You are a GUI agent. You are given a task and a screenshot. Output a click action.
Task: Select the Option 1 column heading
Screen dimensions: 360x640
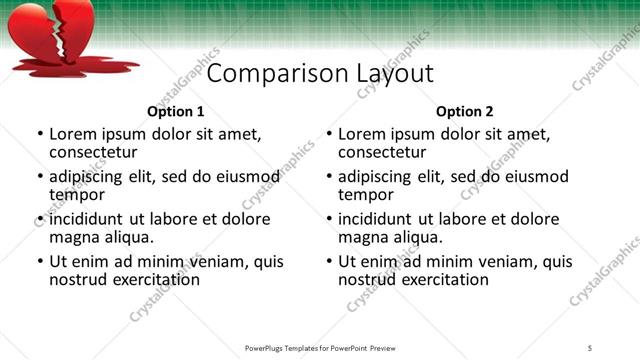[x=176, y=112]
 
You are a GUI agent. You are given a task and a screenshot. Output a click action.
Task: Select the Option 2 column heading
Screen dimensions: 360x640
[x=465, y=112]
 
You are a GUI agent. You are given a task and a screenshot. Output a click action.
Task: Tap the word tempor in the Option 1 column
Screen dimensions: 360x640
[x=75, y=195]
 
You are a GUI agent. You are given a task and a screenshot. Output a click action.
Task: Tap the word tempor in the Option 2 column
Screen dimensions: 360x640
[x=364, y=195]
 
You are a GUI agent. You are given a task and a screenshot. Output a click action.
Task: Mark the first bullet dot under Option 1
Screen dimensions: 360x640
[x=39, y=133]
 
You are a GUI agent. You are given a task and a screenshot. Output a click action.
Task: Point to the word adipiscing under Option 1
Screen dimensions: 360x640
[x=86, y=177]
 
